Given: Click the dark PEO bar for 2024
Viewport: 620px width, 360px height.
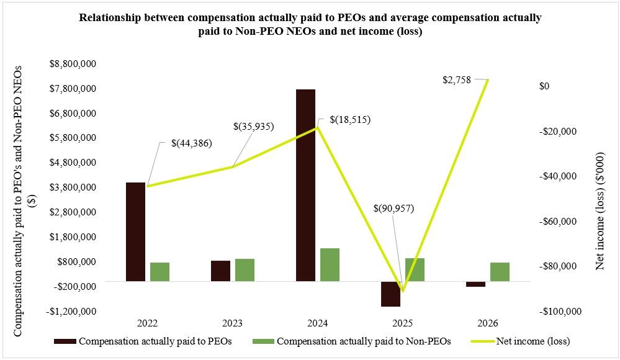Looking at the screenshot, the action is pos(305,185).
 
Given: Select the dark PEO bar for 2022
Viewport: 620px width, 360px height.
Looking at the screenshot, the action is pos(136,232).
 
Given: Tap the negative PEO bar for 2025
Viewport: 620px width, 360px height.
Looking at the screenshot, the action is pos(390,294).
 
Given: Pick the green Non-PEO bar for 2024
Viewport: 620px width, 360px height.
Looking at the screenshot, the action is pos(330,264).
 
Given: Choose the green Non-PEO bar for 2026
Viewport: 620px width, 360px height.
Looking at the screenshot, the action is pos(500,272).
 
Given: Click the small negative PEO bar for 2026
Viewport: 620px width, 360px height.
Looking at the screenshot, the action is pos(475,284).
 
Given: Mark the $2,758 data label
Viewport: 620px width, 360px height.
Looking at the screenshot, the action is pos(457,80).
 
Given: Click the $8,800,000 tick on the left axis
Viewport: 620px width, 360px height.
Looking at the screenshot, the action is pos(73,64).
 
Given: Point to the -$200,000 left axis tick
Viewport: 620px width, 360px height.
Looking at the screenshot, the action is pos(74,286).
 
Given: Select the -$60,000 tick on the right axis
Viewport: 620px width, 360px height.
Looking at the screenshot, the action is pos(558,222).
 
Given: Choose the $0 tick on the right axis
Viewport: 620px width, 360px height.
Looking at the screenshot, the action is pos(544,86).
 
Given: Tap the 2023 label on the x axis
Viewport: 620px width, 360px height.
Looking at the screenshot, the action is pos(233,323).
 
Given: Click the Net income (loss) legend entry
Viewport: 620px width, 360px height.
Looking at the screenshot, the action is pos(521,341).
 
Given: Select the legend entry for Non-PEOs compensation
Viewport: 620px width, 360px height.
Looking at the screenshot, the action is pos(351,341).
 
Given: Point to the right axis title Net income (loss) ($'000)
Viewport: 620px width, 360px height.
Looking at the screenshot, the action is pos(600,211).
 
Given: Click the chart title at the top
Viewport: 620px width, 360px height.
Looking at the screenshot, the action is pos(310,24).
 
